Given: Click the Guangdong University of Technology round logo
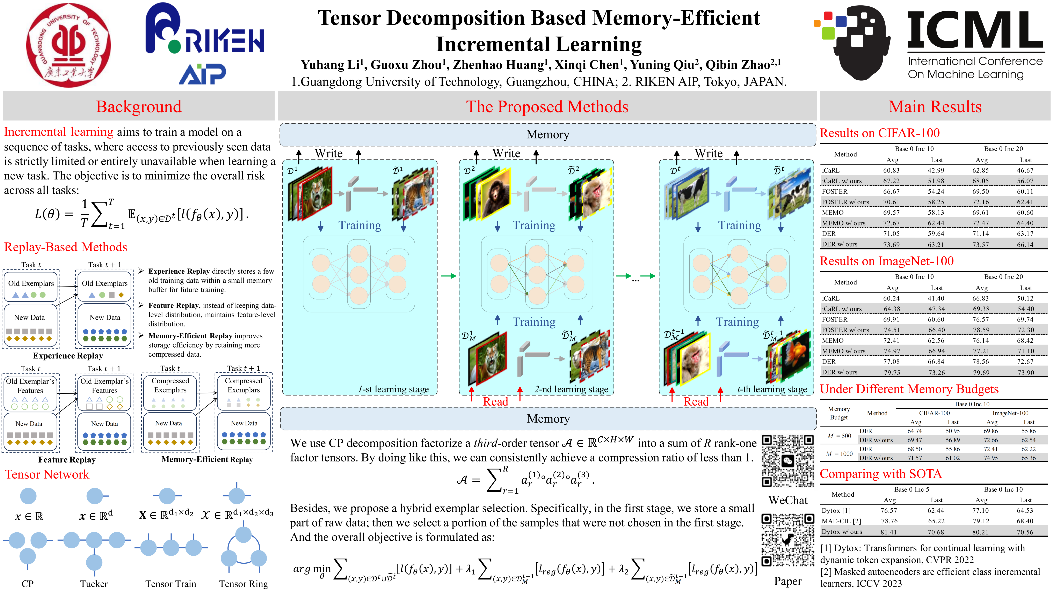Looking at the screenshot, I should pyautogui.click(x=68, y=45).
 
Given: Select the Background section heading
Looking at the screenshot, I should pyautogui.click(x=139, y=107).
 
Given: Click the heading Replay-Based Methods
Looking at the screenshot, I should pyautogui.click(x=65, y=247).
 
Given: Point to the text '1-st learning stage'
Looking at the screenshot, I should pyautogui.click(x=393, y=389).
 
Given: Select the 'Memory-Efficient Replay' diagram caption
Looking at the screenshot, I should pyautogui.click(x=207, y=459).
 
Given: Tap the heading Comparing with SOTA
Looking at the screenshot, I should pyautogui.click(x=880, y=474).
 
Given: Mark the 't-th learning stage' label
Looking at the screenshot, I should pyautogui.click(x=772, y=389).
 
